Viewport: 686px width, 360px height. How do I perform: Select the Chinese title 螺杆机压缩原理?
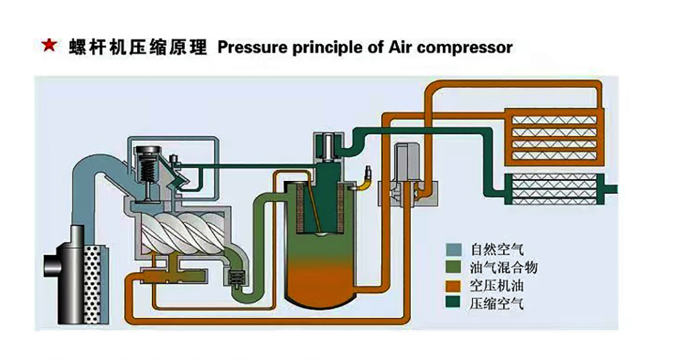tap(138, 48)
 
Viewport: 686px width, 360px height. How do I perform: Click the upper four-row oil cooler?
tap(551, 136)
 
